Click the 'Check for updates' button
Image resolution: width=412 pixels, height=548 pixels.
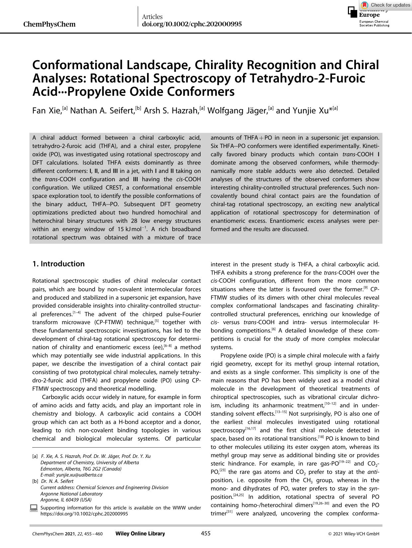(x=385, y=5)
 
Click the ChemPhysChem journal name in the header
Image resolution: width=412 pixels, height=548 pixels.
(x=49, y=24)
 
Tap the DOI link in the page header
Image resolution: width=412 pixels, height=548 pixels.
(x=192, y=24)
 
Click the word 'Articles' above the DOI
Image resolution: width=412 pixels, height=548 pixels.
(x=152, y=17)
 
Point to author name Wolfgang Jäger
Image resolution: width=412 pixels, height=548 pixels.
(x=237, y=111)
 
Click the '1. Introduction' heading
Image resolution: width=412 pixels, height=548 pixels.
(x=58, y=264)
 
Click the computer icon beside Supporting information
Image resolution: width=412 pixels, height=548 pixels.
(x=34, y=508)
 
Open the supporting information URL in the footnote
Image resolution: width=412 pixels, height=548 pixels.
(x=84, y=514)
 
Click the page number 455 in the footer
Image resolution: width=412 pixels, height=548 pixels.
(x=206, y=534)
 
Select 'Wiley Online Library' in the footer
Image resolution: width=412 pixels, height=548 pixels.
(x=140, y=534)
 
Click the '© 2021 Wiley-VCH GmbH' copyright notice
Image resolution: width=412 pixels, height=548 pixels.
(x=354, y=534)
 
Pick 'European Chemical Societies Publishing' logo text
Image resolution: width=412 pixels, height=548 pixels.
(x=374, y=23)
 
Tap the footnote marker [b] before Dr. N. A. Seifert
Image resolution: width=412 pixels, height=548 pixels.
(x=35, y=481)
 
